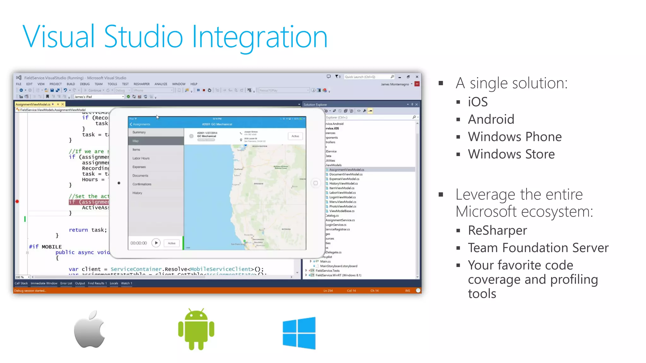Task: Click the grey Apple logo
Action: [x=90, y=330]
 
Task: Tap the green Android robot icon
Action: [x=196, y=330]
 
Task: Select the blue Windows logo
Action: [x=299, y=333]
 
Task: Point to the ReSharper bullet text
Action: [x=497, y=230]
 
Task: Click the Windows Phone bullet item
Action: [x=514, y=137]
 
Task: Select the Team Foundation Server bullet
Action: [x=538, y=248]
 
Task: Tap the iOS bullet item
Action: [x=478, y=102]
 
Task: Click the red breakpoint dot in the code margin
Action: [x=17, y=201]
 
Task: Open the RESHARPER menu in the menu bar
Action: [x=142, y=84]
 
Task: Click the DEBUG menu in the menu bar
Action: [x=85, y=84]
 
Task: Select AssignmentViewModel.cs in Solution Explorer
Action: [x=346, y=170]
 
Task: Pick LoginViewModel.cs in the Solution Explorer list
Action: [x=343, y=197]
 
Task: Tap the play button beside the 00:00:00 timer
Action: [x=156, y=243]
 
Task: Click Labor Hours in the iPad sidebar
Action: [x=141, y=158]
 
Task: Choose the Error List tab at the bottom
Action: [x=66, y=283]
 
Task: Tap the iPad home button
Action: [x=315, y=183]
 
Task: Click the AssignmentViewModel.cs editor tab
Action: [x=33, y=104]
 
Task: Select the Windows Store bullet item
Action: [x=511, y=154]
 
